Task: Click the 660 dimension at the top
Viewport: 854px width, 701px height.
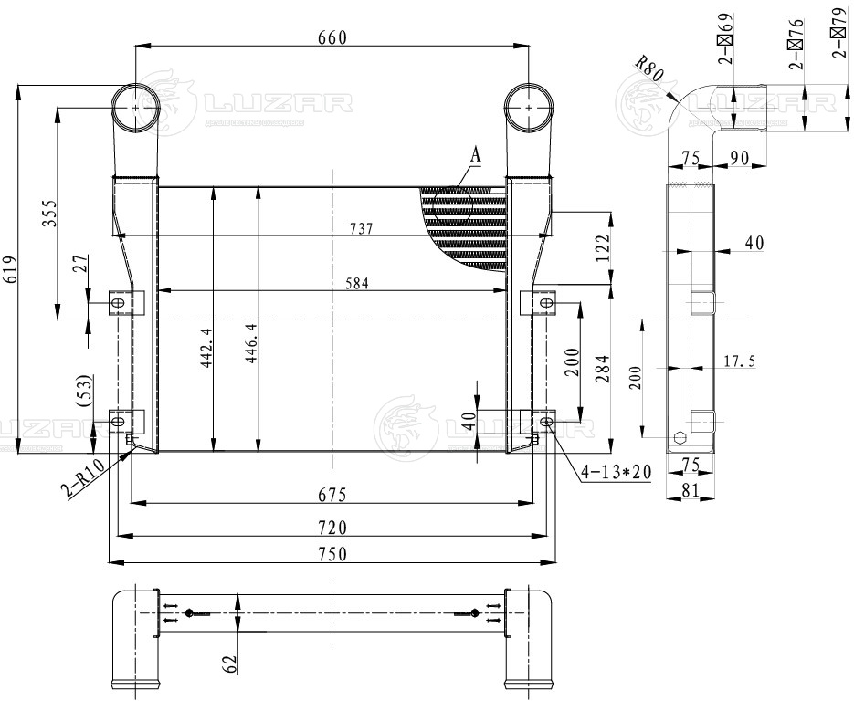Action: (x=332, y=37)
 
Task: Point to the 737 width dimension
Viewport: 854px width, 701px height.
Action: (x=362, y=228)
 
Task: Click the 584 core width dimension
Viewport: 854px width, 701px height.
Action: (x=357, y=284)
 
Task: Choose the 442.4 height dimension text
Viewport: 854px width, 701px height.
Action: (x=206, y=348)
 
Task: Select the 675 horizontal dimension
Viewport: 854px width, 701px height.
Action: (x=332, y=495)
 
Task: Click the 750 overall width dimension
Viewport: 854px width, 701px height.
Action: (x=332, y=555)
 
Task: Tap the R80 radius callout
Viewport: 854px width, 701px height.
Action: (x=648, y=67)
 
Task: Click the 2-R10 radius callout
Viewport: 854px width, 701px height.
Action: (x=80, y=480)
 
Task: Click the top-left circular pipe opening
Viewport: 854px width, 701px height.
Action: (x=136, y=108)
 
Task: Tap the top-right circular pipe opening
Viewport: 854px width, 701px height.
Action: (x=529, y=107)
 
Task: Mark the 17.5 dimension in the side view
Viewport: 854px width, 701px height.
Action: (x=740, y=361)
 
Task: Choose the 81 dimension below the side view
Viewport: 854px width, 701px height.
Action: (x=691, y=490)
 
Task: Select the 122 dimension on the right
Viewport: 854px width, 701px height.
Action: (x=601, y=247)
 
